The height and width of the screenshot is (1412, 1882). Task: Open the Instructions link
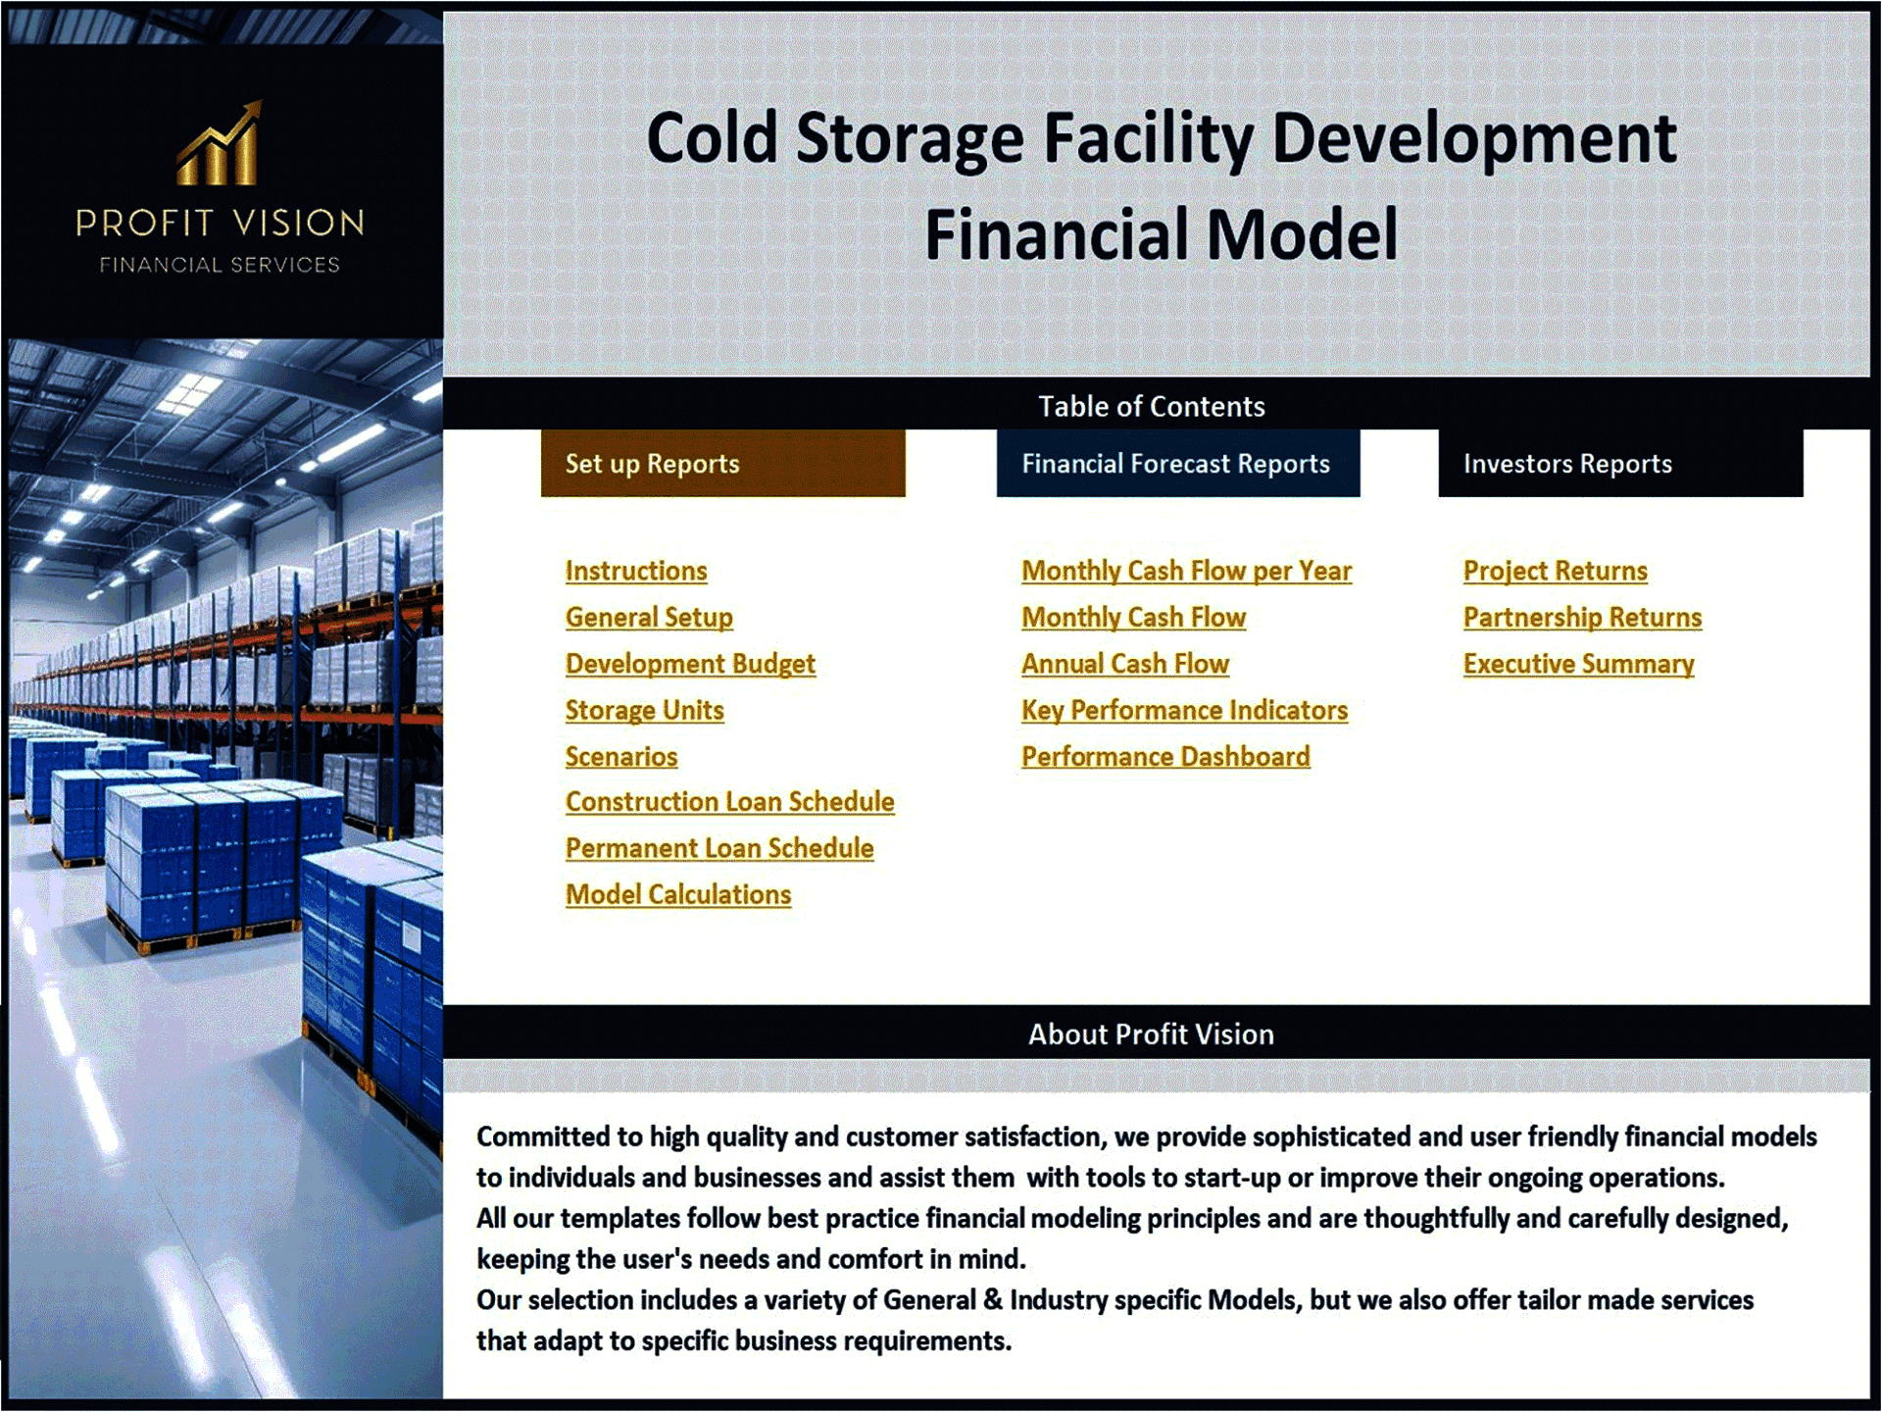point(635,571)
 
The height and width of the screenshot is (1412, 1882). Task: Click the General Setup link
point(649,617)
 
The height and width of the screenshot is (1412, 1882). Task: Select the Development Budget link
point(690,664)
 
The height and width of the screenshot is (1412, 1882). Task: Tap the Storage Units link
point(644,710)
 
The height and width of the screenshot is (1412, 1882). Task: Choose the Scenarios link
point(621,757)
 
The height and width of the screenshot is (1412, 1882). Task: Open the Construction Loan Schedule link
point(729,802)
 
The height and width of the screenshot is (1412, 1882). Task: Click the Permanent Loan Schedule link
point(719,848)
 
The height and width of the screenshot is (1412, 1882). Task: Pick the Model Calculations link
point(678,894)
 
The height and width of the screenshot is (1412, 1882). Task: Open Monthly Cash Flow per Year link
point(1186,571)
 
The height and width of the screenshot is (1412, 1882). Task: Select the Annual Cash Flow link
point(1124,664)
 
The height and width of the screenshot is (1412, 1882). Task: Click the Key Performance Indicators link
point(1184,710)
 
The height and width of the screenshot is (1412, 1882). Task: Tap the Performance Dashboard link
point(1165,757)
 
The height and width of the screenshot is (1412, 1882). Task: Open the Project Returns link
point(1555,571)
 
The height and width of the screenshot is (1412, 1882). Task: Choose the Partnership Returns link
point(1582,617)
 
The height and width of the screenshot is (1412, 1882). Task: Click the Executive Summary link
point(1578,664)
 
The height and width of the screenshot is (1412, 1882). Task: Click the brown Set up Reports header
point(722,464)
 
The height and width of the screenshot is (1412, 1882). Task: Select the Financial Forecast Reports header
point(1177,464)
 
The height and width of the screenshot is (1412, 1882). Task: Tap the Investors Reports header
point(1619,464)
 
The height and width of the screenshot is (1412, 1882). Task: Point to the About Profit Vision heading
point(1151,1034)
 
